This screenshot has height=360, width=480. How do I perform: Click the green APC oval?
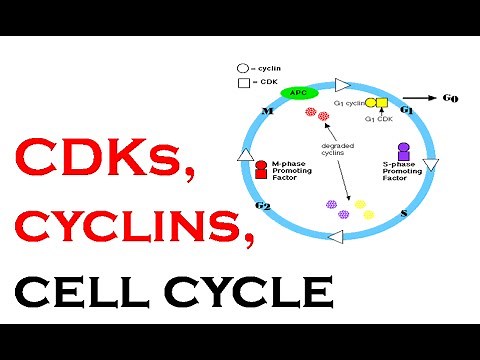pyautogui.click(x=296, y=92)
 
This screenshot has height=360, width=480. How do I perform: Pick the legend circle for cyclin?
pyautogui.click(x=242, y=68)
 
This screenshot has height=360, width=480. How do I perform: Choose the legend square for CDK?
pyautogui.click(x=242, y=81)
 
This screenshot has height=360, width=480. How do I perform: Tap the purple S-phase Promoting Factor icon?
pyautogui.click(x=403, y=151)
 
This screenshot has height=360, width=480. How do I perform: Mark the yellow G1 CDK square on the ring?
pyautogui.click(x=382, y=102)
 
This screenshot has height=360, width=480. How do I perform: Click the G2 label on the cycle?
pyautogui.click(x=263, y=205)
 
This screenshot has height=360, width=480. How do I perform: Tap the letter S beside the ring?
pyautogui.click(x=403, y=213)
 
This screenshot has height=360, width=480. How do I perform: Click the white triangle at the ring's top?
pyautogui.click(x=342, y=84)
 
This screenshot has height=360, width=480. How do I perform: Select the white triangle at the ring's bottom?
pyautogui.click(x=336, y=236)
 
